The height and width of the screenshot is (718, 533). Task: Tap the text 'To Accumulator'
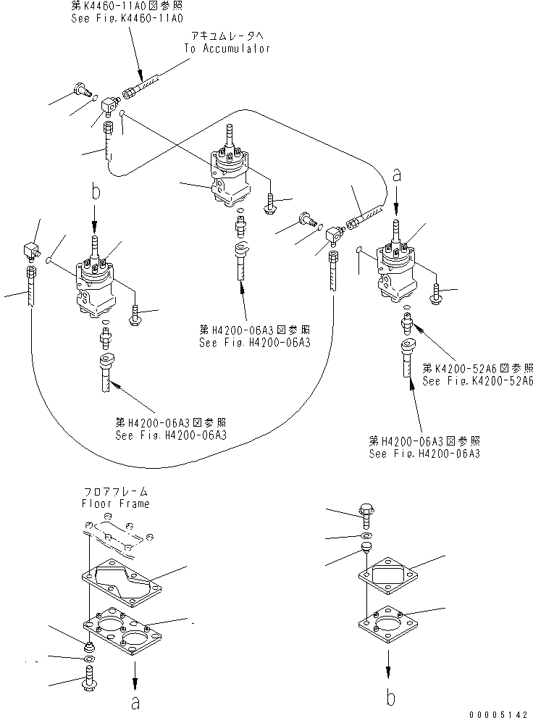227,49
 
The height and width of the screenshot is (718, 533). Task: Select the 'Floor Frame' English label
115,503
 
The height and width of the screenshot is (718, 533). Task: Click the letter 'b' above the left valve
94,192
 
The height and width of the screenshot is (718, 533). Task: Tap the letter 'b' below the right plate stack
390,698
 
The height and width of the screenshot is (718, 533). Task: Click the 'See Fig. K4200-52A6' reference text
477,380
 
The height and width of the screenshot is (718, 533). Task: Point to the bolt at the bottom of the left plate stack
89,680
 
